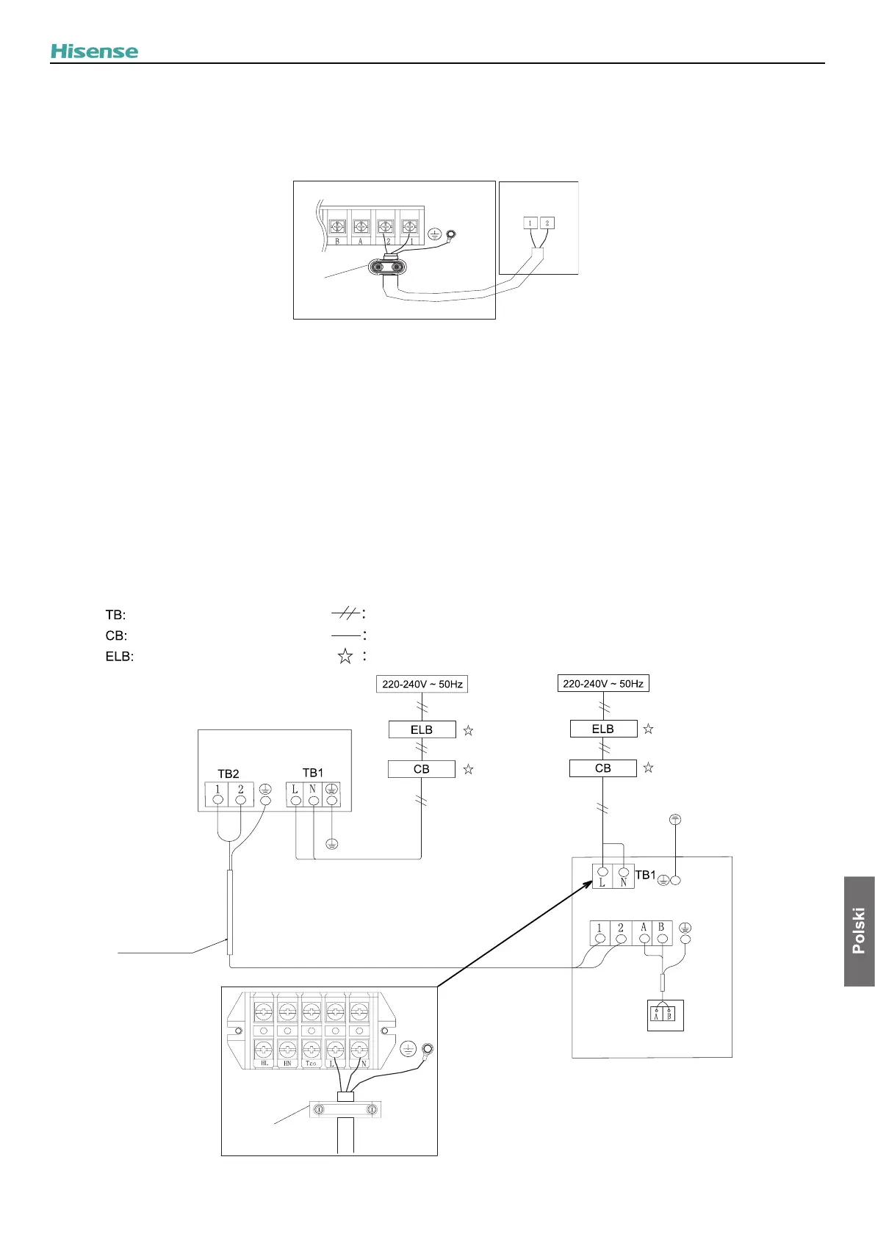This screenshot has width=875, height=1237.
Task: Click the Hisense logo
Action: click(x=94, y=51)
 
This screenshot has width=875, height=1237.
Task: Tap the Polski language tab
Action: click(x=859, y=931)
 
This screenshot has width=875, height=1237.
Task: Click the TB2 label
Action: click(x=228, y=773)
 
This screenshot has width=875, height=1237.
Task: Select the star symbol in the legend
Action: click(x=345, y=657)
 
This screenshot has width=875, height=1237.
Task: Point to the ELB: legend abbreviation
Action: click(x=120, y=657)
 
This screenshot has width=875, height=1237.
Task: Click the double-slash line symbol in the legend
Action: click(x=345, y=614)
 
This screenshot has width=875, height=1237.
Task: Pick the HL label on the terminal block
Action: click(x=264, y=1063)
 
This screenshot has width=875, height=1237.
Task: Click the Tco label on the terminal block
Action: click(x=312, y=1063)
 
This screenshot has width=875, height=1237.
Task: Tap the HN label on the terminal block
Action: click(x=287, y=1063)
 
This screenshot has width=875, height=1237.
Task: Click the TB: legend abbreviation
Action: click(x=115, y=615)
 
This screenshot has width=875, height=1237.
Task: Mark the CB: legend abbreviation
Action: click(x=116, y=635)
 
